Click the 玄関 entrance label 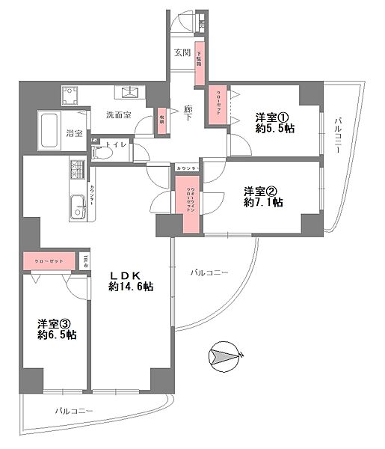pyautogui.click(x=182, y=53)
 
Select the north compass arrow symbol pyautogui.click(x=225, y=354)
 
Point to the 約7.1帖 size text pyautogui.click(x=262, y=202)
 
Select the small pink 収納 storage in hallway pyautogui.click(x=161, y=121)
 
